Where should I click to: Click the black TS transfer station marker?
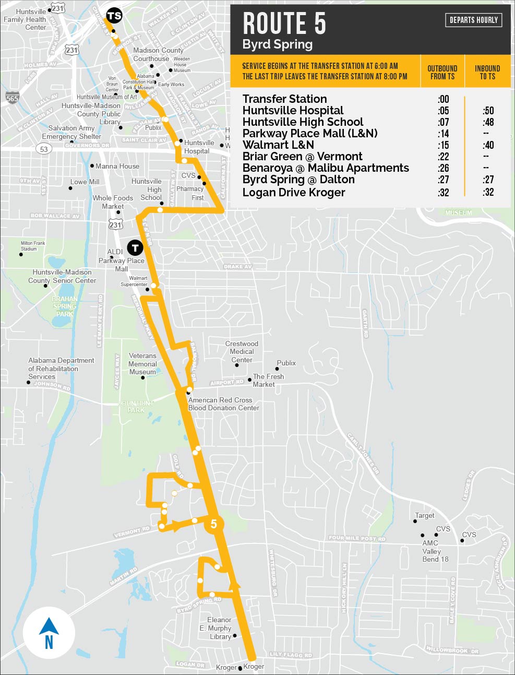click(114, 16)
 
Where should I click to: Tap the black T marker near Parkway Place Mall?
click(135, 247)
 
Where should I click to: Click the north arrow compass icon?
click(49, 633)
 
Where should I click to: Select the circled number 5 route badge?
click(214, 524)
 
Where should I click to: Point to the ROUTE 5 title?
click(284, 23)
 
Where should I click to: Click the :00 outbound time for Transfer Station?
click(443, 99)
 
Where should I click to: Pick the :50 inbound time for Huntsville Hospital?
click(487, 111)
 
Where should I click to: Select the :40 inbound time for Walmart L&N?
click(487, 145)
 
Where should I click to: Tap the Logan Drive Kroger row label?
click(294, 192)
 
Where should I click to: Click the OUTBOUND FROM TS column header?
click(442, 72)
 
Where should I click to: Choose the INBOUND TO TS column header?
click(487, 72)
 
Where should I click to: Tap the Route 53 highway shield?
click(44, 149)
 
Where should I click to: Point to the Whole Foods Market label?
click(113, 202)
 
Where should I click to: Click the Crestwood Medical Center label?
click(242, 352)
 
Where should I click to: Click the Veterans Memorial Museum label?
click(142, 364)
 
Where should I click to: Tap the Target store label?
click(424, 515)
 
